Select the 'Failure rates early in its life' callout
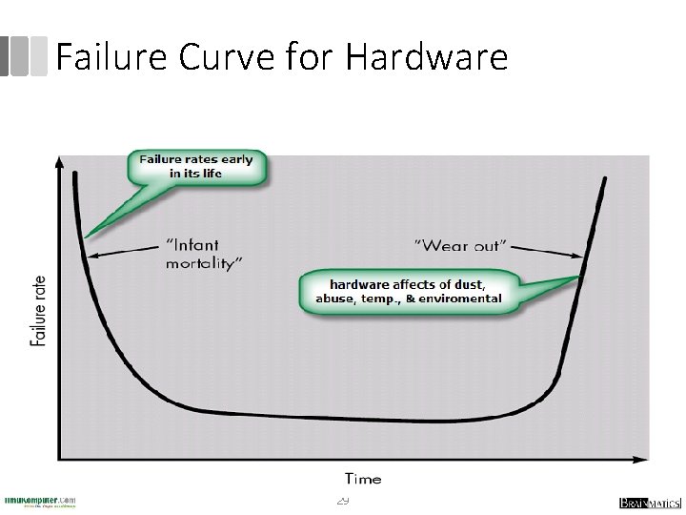(196, 166)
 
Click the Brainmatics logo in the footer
(644, 503)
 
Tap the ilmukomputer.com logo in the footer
(40, 502)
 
